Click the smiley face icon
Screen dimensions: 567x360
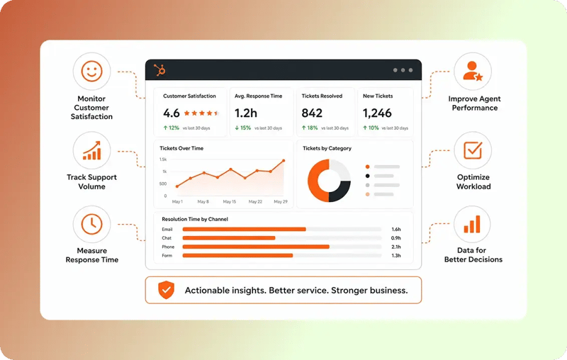[91, 71]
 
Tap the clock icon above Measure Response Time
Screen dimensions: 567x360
[91, 224]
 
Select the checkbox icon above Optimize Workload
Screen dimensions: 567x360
[473, 150]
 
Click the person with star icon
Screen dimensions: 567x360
[473, 71]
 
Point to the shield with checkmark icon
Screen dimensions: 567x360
[167, 290]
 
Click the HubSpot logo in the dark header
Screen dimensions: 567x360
[160, 69]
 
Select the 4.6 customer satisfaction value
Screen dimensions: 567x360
[172, 113]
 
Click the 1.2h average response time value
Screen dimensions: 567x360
[246, 113]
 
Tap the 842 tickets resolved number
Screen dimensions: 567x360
[312, 113]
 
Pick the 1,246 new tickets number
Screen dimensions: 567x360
[377, 113]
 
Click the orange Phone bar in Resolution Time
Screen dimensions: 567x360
[256, 247]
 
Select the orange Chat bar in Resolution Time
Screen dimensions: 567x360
[229, 238]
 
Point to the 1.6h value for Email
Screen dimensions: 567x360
[396, 229]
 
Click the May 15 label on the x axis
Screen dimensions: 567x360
[229, 202]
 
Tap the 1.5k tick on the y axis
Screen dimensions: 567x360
[163, 159]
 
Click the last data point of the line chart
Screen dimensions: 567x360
[283, 160]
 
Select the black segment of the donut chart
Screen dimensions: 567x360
[341, 191]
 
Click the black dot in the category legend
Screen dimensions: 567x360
[367, 176]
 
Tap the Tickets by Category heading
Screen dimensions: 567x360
[327, 148]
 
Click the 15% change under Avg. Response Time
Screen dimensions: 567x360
[242, 128]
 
